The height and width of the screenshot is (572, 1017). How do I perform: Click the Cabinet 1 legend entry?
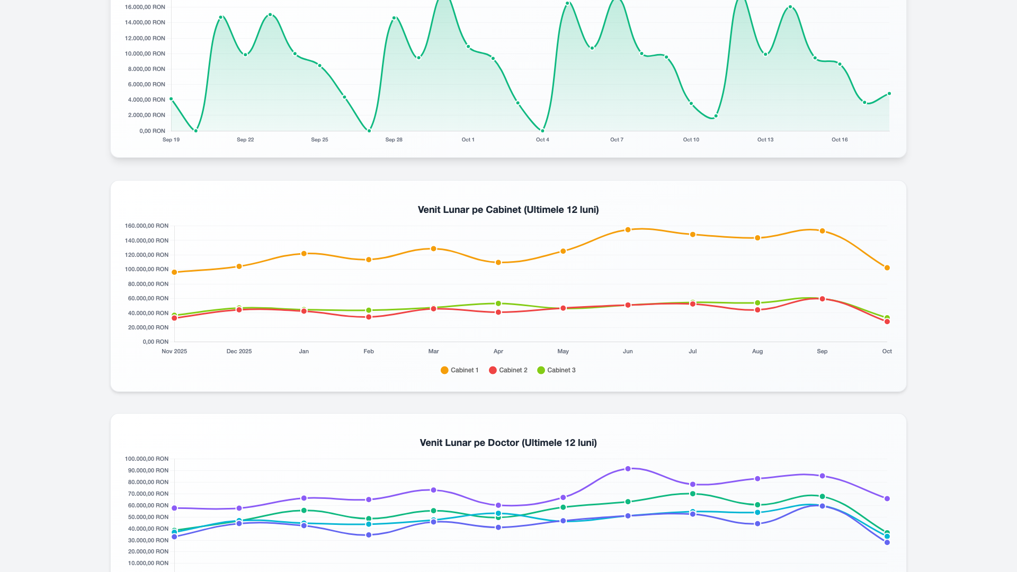coord(459,370)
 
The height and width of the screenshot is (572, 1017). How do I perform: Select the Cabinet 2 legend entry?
coord(508,370)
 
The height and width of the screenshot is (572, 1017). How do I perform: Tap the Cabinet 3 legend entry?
coord(556,370)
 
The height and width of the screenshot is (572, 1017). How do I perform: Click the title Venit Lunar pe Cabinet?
coord(508,210)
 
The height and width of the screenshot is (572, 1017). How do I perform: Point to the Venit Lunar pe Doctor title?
coord(508,443)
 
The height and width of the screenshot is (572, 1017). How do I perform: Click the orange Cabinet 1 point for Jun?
coord(628,230)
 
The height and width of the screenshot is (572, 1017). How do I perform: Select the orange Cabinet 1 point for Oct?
coord(887,268)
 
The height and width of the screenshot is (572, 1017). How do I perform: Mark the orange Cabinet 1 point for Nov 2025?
coord(174,272)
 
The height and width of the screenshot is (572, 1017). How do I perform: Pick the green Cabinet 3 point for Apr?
coord(498,303)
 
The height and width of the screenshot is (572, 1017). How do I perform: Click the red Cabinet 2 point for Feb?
coord(369,317)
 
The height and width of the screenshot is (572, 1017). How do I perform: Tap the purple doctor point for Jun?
coord(628,469)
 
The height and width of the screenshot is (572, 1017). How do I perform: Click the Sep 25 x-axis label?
coord(319,140)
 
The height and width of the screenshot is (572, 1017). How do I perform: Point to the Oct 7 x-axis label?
coord(617,140)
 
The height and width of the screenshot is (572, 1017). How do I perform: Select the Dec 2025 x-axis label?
coord(239,351)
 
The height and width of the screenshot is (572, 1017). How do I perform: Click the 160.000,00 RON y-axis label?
coord(147,226)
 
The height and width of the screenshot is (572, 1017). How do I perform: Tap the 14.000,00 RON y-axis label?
coord(145,22)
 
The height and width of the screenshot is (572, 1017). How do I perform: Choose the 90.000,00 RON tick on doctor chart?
coord(147,470)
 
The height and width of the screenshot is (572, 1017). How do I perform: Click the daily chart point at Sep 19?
coord(171,99)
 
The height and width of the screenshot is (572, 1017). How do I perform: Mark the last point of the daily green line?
coord(889,94)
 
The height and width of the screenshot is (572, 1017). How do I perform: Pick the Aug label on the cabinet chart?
coord(757,351)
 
